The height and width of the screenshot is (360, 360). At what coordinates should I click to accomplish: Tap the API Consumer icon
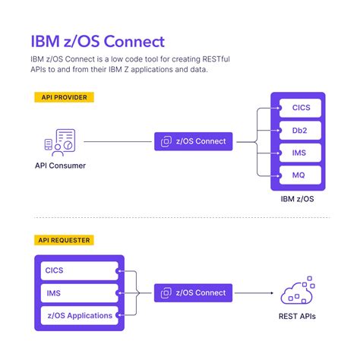tap(60, 141)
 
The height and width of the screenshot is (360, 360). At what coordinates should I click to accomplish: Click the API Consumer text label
tap(60, 165)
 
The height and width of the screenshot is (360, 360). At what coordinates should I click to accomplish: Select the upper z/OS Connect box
tap(194, 141)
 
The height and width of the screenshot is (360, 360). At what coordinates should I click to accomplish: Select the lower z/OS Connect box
tap(194, 292)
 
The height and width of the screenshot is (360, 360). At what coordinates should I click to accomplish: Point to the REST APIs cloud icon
tap(298, 293)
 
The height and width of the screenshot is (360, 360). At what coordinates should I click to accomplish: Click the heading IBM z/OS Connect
tap(96, 40)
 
